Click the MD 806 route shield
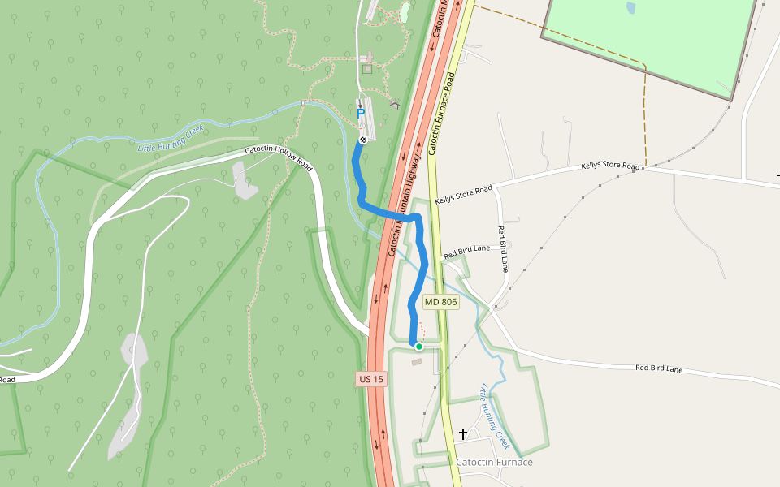pos(441,302)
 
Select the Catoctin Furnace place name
pos(494,462)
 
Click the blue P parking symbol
pos(361,114)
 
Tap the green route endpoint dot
pos(419,347)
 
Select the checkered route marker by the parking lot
pos(363,140)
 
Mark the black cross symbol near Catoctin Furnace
pos(463,434)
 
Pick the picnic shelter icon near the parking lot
pos(395,105)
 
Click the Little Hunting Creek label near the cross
pos(495,416)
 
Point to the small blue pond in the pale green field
pos(630,8)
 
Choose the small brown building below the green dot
pos(417,361)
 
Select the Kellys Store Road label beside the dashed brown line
pos(611,166)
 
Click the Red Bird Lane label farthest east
pos(658,368)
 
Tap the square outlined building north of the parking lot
pos(367,69)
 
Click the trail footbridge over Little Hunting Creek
pos(304,103)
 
